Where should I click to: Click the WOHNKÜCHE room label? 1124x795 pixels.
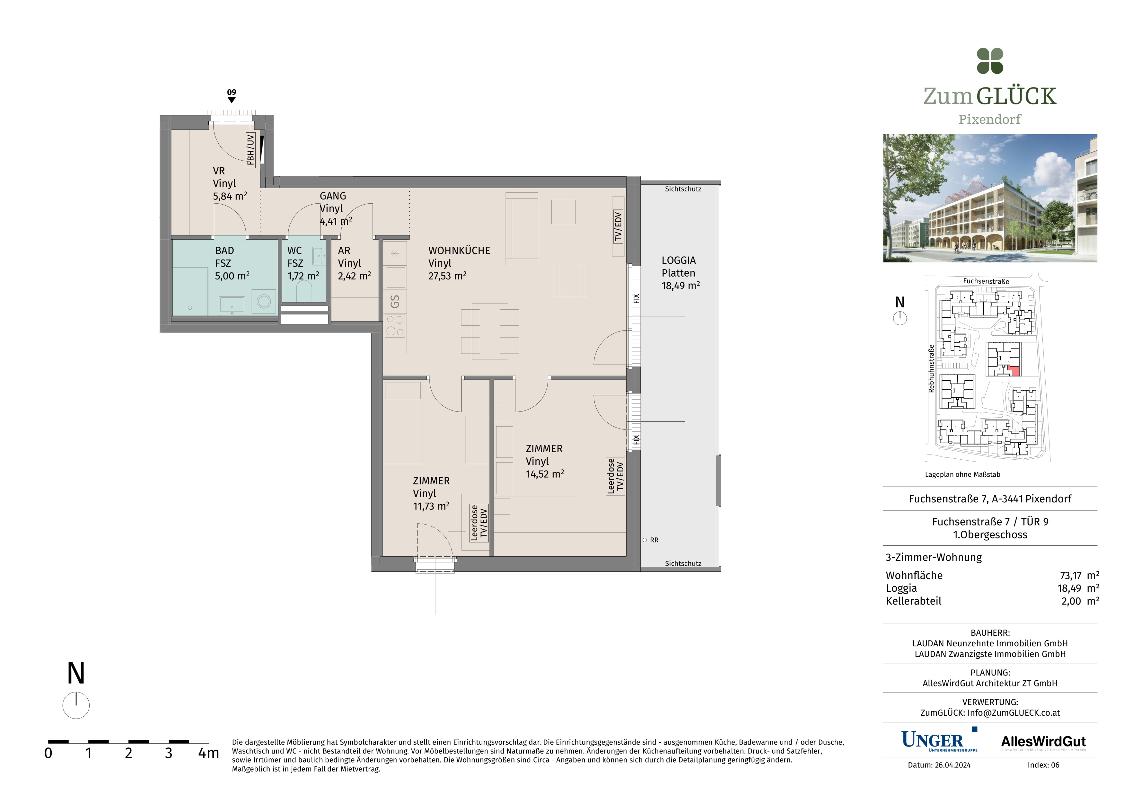[x=459, y=251]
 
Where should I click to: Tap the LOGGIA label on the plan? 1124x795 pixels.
[x=679, y=261]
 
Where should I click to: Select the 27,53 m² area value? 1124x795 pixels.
[x=447, y=276]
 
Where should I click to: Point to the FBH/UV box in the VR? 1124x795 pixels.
[x=250, y=150]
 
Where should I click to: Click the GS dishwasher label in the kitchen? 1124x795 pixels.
[x=395, y=302]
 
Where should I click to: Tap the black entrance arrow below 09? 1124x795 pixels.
[x=232, y=100]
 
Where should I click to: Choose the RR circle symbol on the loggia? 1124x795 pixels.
[x=645, y=540]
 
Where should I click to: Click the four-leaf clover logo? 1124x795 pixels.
[x=990, y=61]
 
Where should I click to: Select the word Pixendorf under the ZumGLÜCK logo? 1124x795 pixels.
[x=989, y=119]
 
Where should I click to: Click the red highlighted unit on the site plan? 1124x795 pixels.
[x=1014, y=371]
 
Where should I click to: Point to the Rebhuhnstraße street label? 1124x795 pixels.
[x=931, y=369]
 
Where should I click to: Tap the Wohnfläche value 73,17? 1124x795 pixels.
[x=1071, y=576]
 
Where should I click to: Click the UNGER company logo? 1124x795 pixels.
[x=939, y=740]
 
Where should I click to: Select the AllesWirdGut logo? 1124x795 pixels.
[x=1043, y=742]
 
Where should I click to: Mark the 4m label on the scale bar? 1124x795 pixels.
[x=208, y=753]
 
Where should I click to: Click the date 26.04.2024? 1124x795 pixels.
[x=953, y=765]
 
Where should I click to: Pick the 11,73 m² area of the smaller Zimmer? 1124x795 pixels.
[x=431, y=506]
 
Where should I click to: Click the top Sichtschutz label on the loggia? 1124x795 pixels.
[x=683, y=189]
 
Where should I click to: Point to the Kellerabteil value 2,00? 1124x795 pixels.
[x=1071, y=601]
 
